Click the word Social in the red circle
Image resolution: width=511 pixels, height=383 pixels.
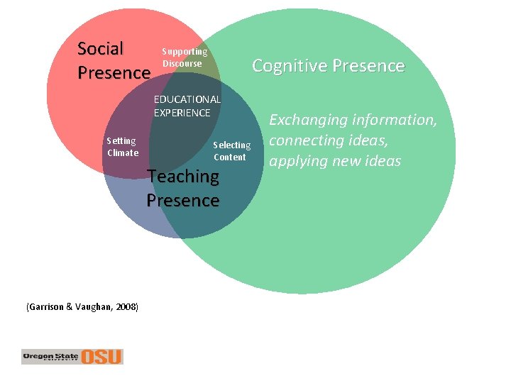tap(100, 49)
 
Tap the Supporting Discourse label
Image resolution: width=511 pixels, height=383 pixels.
tap(185, 57)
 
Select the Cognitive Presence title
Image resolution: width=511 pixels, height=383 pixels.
tap(328, 66)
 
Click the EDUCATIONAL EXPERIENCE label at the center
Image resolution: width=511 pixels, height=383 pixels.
tap(187, 106)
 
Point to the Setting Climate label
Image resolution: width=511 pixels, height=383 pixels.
tap(122, 147)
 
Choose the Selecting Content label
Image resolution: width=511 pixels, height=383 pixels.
tap(231, 151)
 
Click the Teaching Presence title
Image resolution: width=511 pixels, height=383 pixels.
tap(183, 188)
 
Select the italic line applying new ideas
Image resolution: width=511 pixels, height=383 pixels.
tap(335, 161)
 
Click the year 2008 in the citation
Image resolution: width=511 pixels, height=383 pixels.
tap(124, 307)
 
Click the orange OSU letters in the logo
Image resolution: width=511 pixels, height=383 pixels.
tap(101, 356)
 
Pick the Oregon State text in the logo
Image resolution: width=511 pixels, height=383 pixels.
tap(50, 355)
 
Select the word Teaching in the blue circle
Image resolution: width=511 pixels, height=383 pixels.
tap(183, 176)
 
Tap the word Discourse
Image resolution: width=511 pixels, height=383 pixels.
tap(182, 64)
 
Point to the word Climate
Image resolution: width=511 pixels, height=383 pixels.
tap(123, 152)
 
